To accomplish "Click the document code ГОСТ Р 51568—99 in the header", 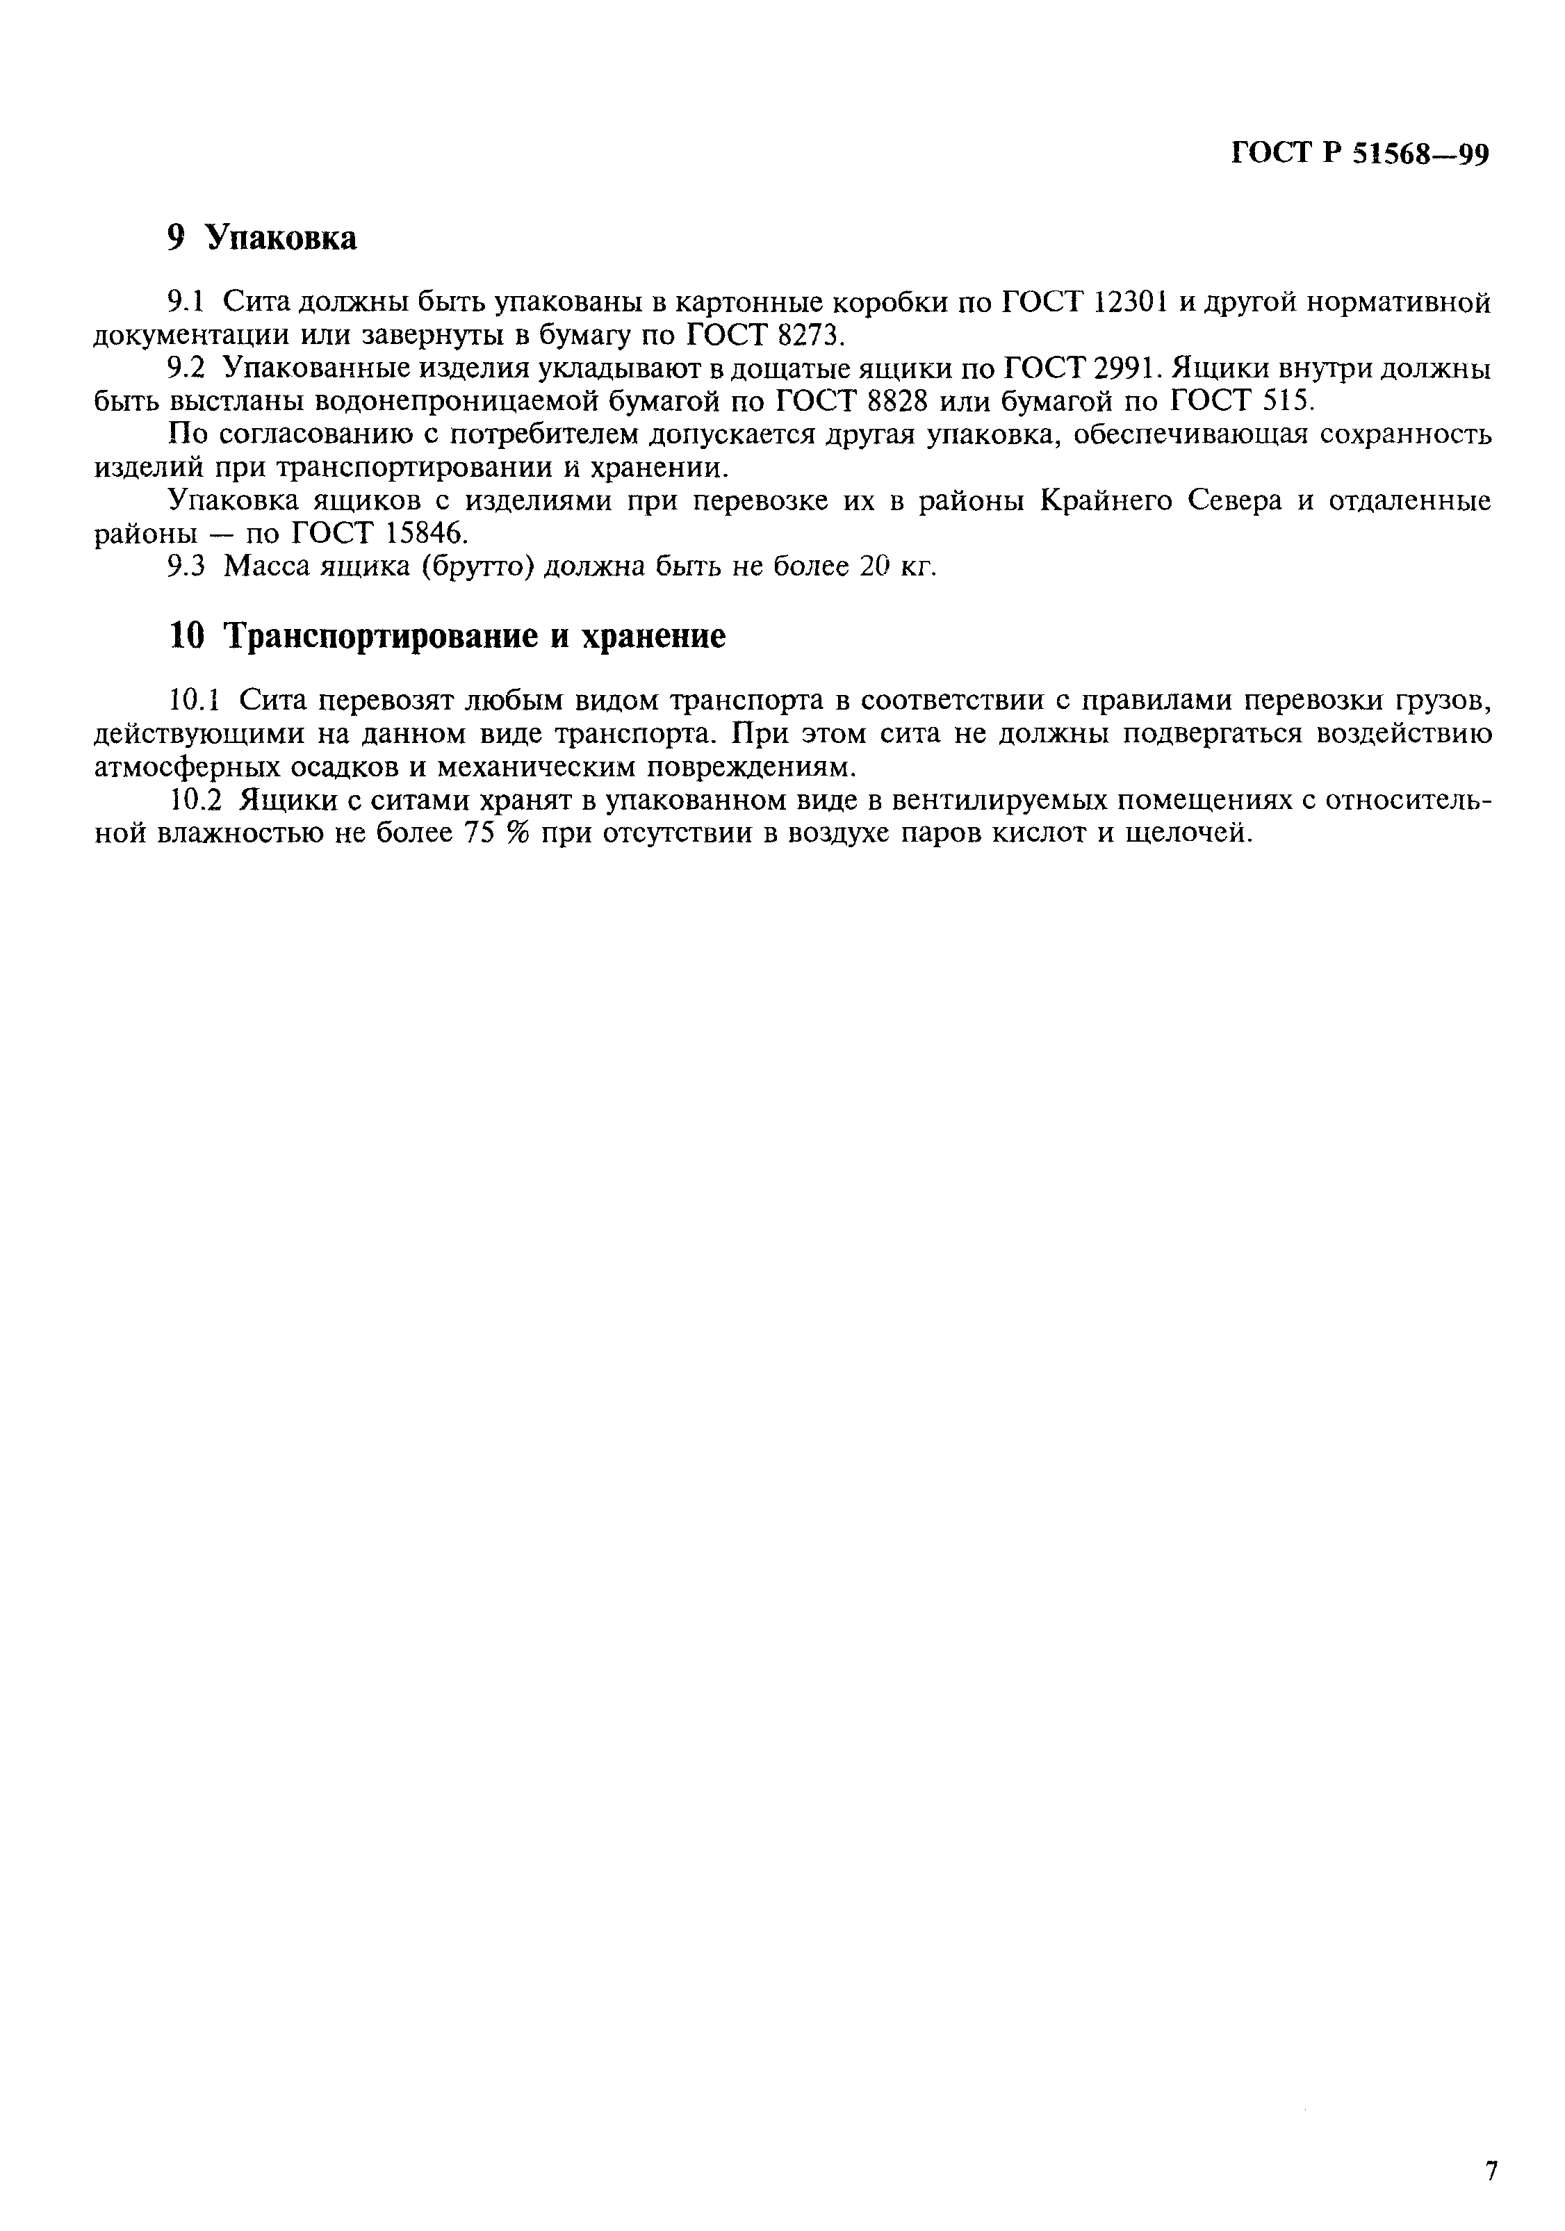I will pyautogui.click(x=1359, y=154).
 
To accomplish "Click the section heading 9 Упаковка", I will pyautogui.click(x=261, y=238).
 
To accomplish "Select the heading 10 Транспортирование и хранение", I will pyautogui.click(x=447, y=637).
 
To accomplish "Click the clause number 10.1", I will pyautogui.click(x=195, y=701).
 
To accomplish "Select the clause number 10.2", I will pyautogui.click(x=195, y=801).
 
